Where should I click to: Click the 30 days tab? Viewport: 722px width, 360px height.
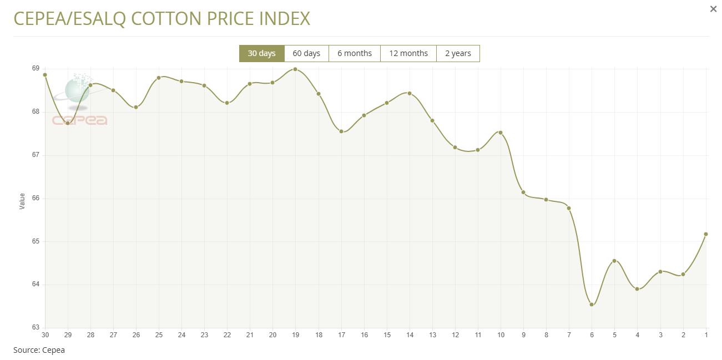coord(261,53)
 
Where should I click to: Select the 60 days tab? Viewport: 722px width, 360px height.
coord(306,53)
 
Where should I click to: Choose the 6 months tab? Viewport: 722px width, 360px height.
coord(355,53)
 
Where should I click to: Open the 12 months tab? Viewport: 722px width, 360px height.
coord(408,53)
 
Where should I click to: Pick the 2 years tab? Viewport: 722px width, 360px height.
coord(458,53)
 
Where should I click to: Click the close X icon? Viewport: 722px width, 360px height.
coord(713,9)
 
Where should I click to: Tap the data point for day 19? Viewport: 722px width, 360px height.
coord(295,69)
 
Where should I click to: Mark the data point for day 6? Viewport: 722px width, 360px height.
coord(592,305)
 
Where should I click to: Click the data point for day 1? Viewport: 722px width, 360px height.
coord(706,234)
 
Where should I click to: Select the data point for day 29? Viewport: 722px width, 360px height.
coord(68,123)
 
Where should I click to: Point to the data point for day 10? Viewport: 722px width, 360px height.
coord(501,133)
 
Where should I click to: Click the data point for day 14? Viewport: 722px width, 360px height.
coord(410,93)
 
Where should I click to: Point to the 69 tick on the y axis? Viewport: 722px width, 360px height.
coord(36,68)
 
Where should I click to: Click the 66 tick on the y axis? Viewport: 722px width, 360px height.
coord(36,198)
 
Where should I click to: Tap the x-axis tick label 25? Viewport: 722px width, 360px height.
coord(159,335)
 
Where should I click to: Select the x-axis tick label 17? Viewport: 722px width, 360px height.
coord(341,335)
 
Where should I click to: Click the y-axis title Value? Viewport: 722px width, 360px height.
coord(22,201)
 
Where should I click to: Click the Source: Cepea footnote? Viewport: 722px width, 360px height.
coord(39,350)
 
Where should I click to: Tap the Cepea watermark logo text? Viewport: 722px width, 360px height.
coord(79,120)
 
